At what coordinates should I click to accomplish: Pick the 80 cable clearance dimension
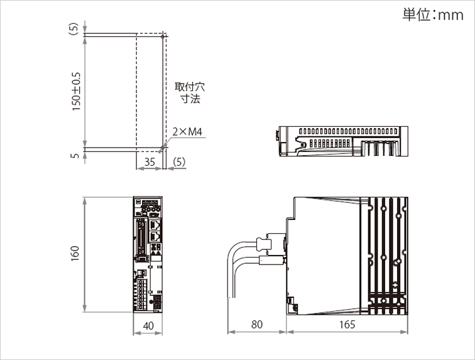tap(256, 325)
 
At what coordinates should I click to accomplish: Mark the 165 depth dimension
tap(347, 325)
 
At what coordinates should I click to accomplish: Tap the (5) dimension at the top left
tap(75, 28)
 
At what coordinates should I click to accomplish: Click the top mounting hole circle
tap(163, 36)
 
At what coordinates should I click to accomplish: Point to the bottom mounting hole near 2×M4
tap(163, 149)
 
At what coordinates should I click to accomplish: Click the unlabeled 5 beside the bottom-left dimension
tap(75, 155)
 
